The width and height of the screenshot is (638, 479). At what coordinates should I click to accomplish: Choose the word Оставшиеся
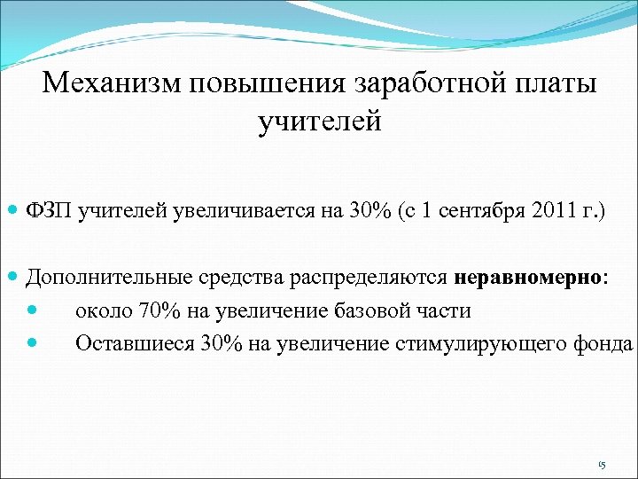coord(126,343)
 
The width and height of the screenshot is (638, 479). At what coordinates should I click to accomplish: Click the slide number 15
coord(602,465)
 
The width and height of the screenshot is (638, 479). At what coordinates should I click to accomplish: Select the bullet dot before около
coord(33,311)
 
